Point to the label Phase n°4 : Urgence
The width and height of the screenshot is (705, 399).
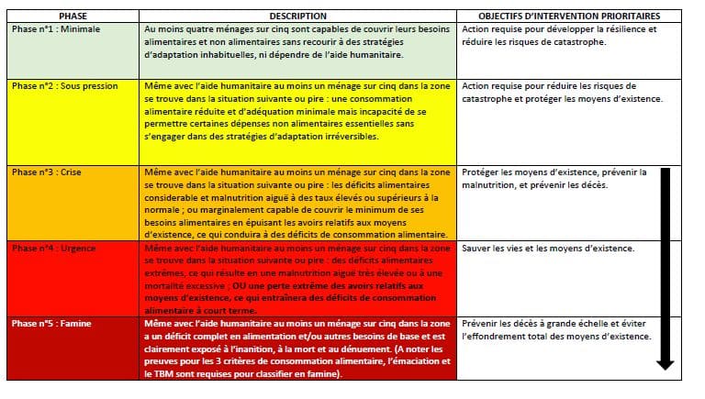(53, 249)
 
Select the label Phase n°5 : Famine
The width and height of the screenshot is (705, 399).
(52, 325)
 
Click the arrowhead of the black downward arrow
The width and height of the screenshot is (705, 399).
(666, 364)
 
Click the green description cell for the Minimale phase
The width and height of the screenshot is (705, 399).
(297, 41)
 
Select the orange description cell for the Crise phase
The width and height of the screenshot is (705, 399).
(297, 203)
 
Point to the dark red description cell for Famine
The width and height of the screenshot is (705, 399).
(297, 349)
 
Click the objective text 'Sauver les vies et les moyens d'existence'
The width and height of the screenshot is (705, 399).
(548, 249)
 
